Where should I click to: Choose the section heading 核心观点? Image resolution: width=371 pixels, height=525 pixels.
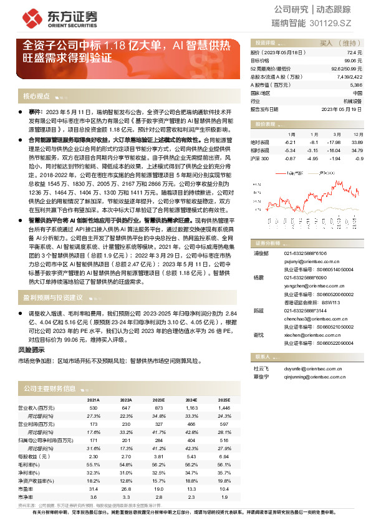coord(36,97)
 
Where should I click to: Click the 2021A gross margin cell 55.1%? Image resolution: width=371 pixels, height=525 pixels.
coord(93,465)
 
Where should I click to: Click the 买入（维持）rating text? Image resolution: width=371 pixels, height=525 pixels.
coord(335,43)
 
